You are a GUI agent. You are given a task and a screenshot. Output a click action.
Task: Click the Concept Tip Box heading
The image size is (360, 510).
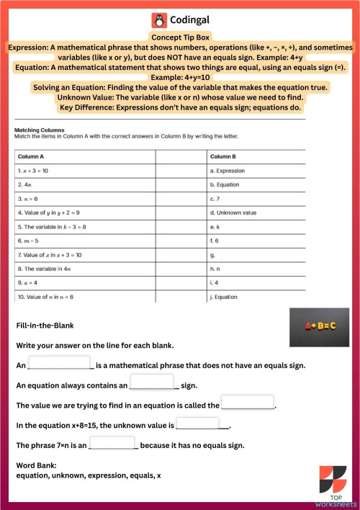coord(180,37)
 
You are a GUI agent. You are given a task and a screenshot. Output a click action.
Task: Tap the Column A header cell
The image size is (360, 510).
coord(32,156)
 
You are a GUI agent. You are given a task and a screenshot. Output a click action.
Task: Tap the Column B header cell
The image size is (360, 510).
coord(224,156)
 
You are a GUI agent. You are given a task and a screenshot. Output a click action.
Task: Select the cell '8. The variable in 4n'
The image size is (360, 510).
coord(45,269)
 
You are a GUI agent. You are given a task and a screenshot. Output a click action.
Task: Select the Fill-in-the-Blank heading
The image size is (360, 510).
coord(45,326)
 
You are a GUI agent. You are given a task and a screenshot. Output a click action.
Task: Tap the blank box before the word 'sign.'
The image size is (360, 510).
coord(152,382)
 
